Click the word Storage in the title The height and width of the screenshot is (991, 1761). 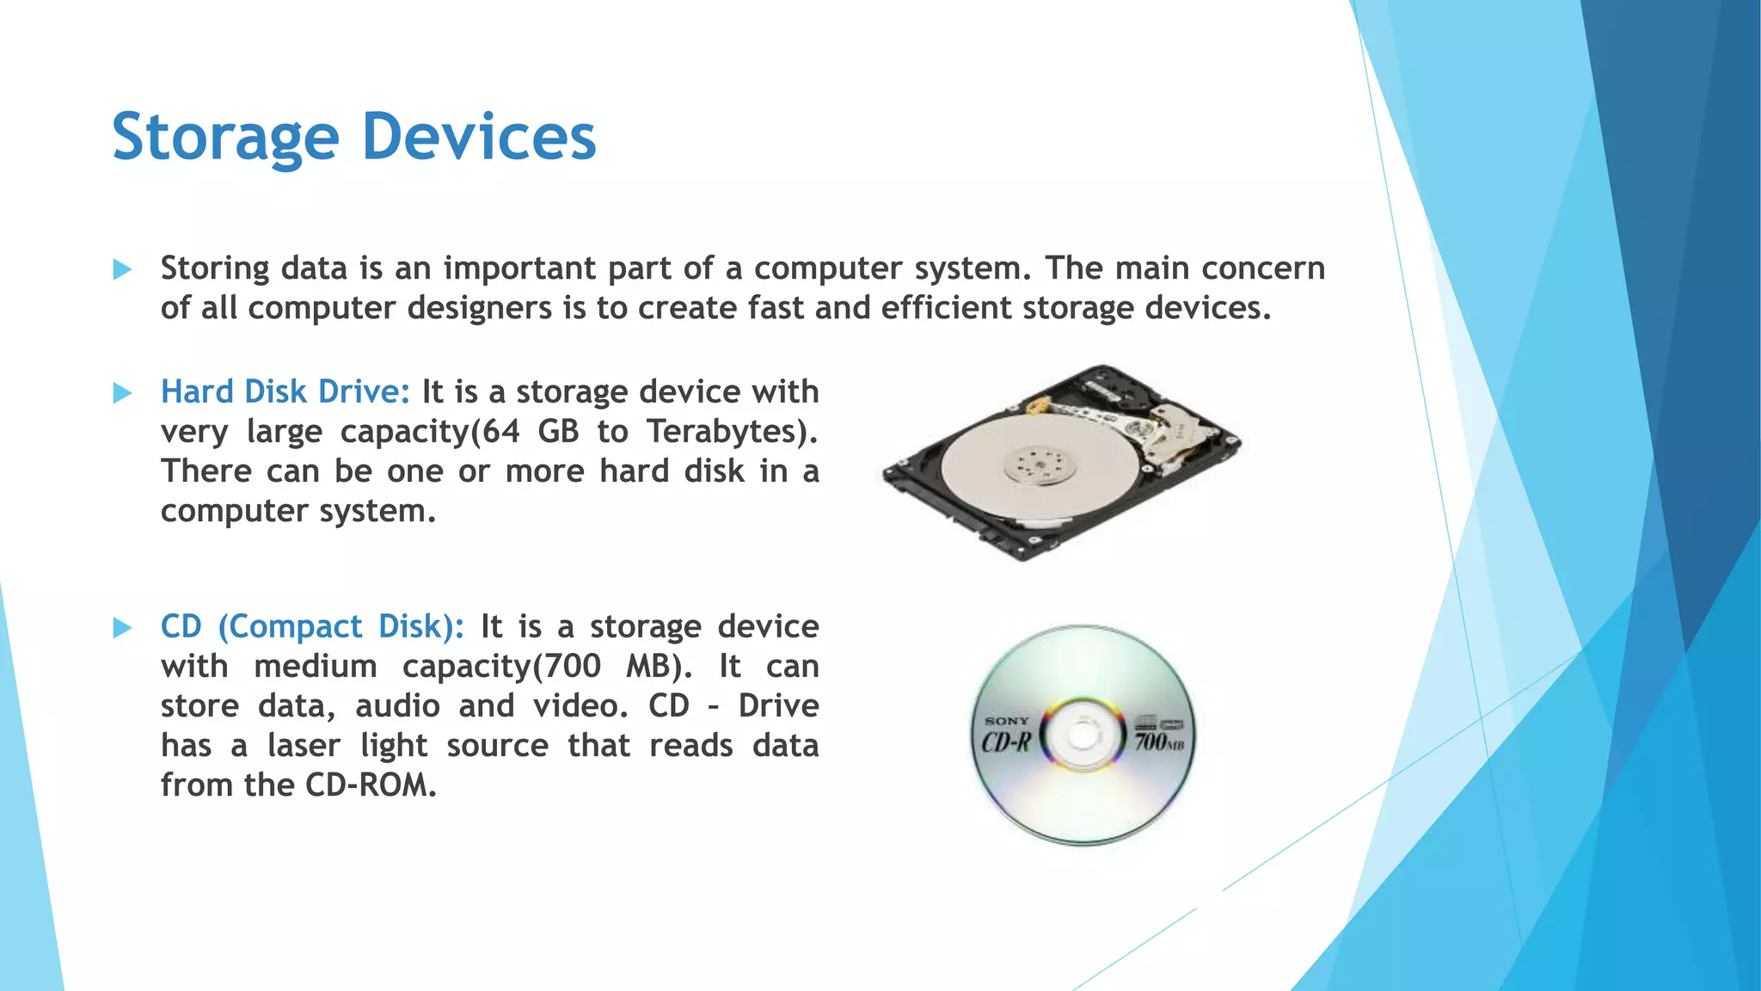[x=225, y=138]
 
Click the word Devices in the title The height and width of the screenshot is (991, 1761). [x=479, y=138]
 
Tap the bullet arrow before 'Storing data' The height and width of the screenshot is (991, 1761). [x=122, y=270]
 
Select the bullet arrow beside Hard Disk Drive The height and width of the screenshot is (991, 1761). [x=122, y=393]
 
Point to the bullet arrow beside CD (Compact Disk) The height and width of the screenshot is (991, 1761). [x=122, y=628]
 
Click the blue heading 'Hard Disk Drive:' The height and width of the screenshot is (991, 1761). [x=285, y=392]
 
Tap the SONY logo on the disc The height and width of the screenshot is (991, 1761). [x=1007, y=721]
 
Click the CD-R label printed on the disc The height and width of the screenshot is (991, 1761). [x=1006, y=742]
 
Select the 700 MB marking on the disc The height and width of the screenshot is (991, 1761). [x=1158, y=741]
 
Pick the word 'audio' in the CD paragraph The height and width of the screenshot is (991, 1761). [x=397, y=706]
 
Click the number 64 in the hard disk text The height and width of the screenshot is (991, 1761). [x=500, y=432]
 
